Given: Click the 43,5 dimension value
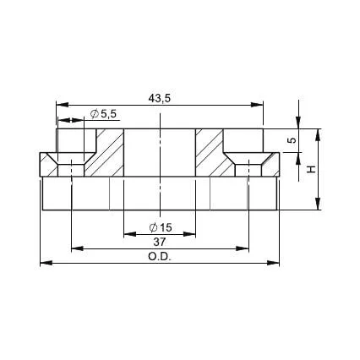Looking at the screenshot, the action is click(x=160, y=98).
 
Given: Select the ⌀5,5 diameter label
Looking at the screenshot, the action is click(x=103, y=114).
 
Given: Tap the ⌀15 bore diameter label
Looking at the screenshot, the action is click(x=161, y=227).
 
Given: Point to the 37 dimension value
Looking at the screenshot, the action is click(x=160, y=242).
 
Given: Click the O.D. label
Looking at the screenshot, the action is click(x=160, y=257).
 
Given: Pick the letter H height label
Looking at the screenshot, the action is click(x=311, y=169).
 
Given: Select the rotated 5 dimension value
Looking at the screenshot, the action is click(x=293, y=140).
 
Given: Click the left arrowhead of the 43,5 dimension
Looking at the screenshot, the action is click(x=63, y=105).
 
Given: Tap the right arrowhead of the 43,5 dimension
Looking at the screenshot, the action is click(x=257, y=105).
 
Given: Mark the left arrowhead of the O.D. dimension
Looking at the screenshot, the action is click(x=46, y=263).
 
